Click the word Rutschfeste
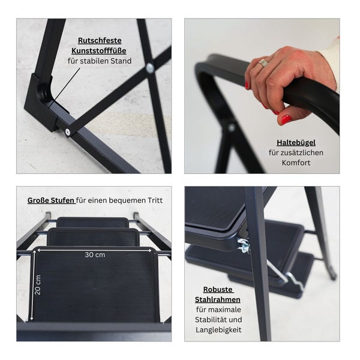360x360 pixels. pos(100,40)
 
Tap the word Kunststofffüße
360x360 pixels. pos(99,51)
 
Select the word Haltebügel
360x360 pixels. pos(296,143)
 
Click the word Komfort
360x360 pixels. pos(296,163)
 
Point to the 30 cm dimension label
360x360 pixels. pos(95,254)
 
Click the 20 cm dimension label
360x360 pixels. pos(38,285)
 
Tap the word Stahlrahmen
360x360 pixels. pos(218,299)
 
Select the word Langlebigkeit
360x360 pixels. pos(218,330)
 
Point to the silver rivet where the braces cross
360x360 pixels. pos(149,67)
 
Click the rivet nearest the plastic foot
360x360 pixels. pos(67,132)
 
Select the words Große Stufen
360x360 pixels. pos(51,200)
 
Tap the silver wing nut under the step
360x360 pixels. pos(244,245)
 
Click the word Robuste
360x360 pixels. pos(218,290)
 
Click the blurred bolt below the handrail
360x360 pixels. pos(231,127)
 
